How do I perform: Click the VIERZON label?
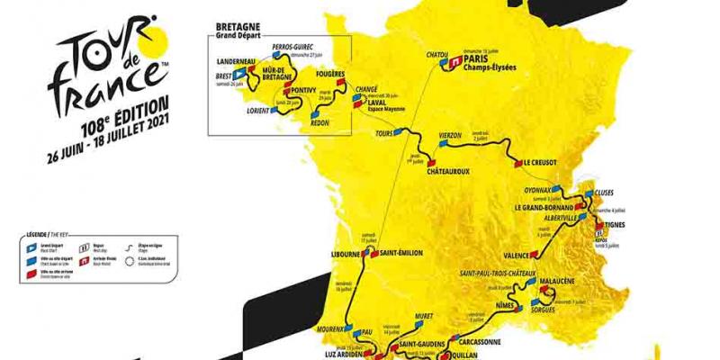point(450,134)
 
